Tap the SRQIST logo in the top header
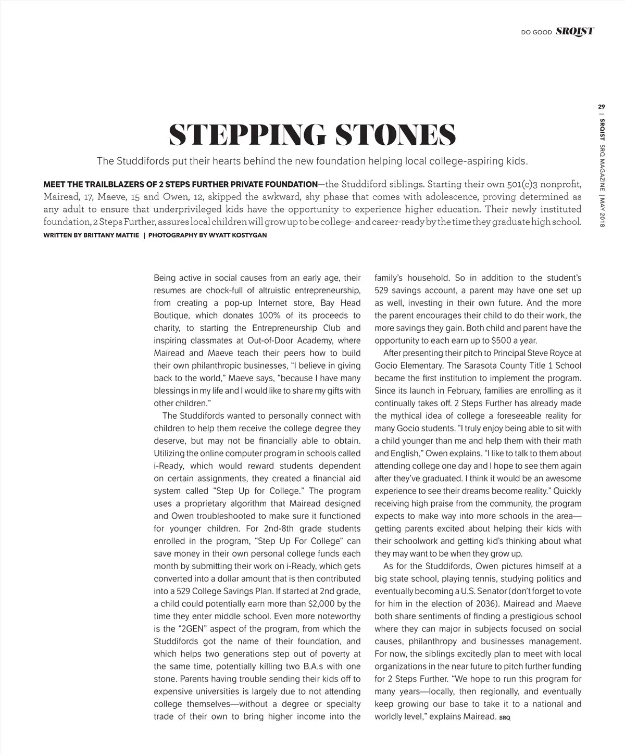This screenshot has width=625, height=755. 574,31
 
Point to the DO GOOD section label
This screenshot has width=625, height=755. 536,32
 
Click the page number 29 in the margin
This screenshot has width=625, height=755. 602,107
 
